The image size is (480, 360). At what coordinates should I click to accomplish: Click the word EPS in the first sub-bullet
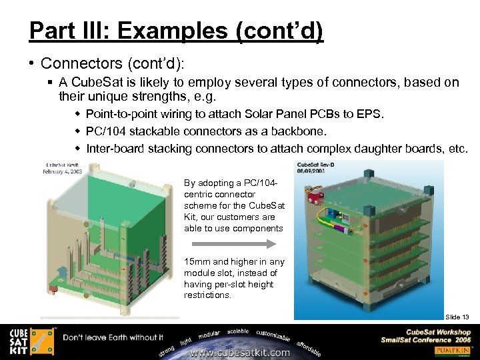pyautogui.click(x=371, y=114)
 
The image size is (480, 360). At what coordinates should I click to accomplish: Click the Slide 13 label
pyautogui.click(x=457, y=317)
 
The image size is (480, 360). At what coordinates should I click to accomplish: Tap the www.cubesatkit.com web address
pyautogui.click(x=241, y=353)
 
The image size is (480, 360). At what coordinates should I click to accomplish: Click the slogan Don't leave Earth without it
pyautogui.click(x=113, y=337)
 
